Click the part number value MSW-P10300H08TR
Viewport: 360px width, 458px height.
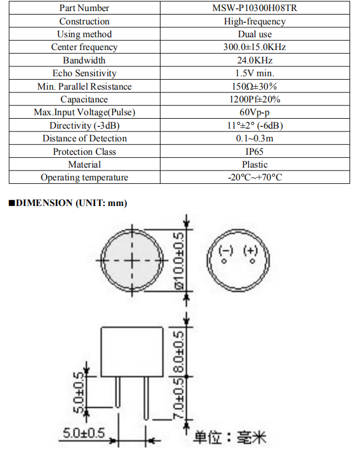point(255,8)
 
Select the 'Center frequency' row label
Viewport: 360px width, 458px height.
point(84,47)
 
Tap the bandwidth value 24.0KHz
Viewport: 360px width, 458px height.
point(255,61)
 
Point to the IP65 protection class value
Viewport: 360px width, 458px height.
point(255,152)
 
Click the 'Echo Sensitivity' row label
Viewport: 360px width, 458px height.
point(84,73)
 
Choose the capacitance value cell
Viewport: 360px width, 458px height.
point(255,100)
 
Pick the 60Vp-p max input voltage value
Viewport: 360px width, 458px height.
point(255,112)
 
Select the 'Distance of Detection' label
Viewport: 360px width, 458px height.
point(84,139)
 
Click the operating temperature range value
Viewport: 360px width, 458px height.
point(255,177)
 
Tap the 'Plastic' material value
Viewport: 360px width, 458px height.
point(255,165)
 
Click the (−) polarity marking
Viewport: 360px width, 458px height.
point(225,251)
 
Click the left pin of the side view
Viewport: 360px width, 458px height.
point(118,393)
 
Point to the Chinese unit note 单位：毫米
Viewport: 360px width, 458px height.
point(229,437)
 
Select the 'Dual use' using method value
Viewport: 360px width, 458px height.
point(255,34)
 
